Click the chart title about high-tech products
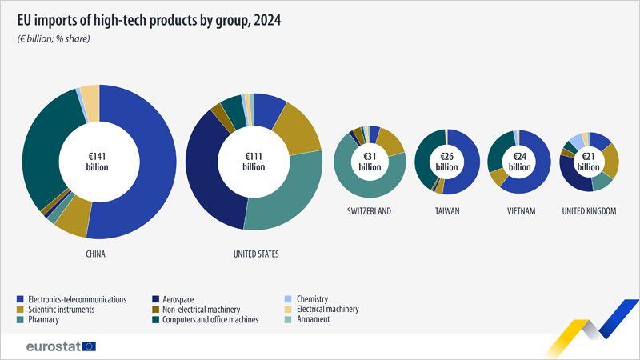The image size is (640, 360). tap(146, 20)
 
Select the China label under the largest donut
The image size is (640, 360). tap(97, 254)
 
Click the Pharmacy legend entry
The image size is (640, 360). tap(44, 319)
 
